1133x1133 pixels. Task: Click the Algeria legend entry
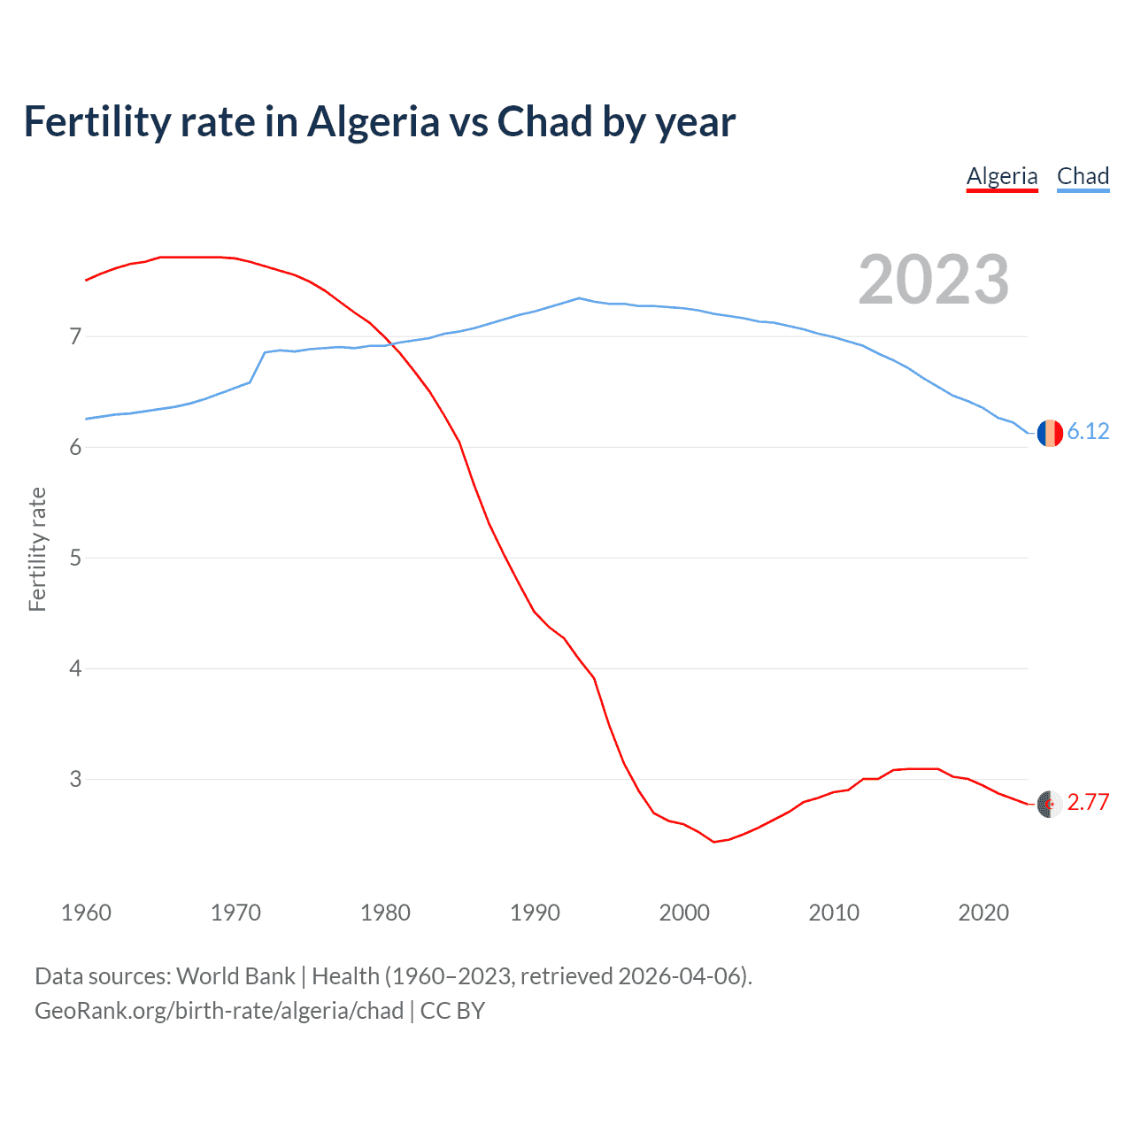pyautogui.click(x=1001, y=176)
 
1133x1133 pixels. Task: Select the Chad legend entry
pyautogui.click(x=1083, y=176)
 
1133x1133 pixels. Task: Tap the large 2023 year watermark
pyautogui.click(x=933, y=280)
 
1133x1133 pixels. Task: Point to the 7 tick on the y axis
pyautogui.click(x=75, y=336)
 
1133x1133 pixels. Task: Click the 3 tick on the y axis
pyautogui.click(x=75, y=779)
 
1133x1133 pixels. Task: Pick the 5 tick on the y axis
pyautogui.click(x=75, y=558)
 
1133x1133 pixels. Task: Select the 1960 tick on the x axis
pyautogui.click(x=86, y=913)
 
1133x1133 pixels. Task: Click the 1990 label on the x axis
pyautogui.click(x=535, y=913)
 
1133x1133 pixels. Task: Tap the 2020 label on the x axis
pyautogui.click(x=983, y=913)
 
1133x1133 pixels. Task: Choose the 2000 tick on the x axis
pyautogui.click(x=684, y=913)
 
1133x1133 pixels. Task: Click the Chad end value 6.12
pyautogui.click(x=1088, y=431)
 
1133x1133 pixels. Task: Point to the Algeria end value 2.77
pyautogui.click(x=1088, y=802)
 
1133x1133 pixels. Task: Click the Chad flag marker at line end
pyautogui.click(x=1050, y=433)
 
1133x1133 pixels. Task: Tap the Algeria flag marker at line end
pyautogui.click(x=1050, y=804)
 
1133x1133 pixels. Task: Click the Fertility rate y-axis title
pyautogui.click(x=37, y=549)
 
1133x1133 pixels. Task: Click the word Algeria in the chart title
pyautogui.click(x=373, y=122)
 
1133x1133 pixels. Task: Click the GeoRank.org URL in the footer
pyautogui.click(x=219, y=1011)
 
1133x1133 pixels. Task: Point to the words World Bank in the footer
pyautogui.click(x=235, y=976)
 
